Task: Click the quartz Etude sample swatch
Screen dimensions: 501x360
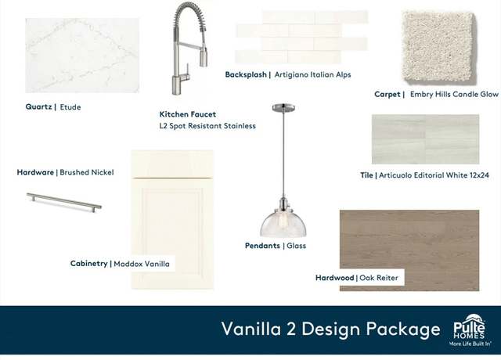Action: click(82, 56)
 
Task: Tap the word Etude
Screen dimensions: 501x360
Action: click(70, 107)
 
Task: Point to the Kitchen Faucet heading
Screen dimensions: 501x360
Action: click(188, 114)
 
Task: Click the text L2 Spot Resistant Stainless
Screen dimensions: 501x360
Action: click(207, 126)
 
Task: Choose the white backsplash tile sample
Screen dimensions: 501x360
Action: click(302, 37)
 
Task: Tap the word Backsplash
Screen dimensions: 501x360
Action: click(246, 74)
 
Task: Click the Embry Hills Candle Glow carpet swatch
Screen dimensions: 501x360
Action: click(439, 47)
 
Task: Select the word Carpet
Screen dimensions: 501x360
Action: click(387, 94)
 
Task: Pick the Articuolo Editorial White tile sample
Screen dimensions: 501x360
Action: click(425, 139)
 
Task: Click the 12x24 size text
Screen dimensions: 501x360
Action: click(479, 175)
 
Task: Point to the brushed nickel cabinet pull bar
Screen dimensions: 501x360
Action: click(64, 202)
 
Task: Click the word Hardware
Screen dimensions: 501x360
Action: click(35, 172)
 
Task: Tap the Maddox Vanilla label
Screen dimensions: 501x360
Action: click(142, 264)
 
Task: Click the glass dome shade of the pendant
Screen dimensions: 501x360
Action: click(283, 224)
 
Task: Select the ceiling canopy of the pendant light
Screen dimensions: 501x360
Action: click(283, 108)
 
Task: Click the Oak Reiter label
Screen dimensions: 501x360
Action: click(379, 278)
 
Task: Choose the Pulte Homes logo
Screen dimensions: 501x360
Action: click(470, 330)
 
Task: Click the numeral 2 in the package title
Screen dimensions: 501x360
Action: click(290, 329)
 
